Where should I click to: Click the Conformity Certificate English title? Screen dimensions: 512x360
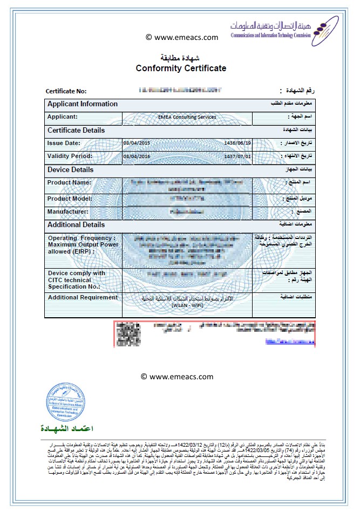coord(181,68)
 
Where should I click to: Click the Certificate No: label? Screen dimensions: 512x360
coord(66,91)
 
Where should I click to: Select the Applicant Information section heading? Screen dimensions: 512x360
coord(82,104)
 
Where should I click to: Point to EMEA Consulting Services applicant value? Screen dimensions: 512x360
coord(187,117)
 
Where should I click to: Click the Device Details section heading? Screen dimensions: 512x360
coord(70,169)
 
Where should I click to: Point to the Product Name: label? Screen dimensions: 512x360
coord(70,182)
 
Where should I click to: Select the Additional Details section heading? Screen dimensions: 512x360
coord(76,225)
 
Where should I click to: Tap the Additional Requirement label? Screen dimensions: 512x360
coord(83,297)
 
